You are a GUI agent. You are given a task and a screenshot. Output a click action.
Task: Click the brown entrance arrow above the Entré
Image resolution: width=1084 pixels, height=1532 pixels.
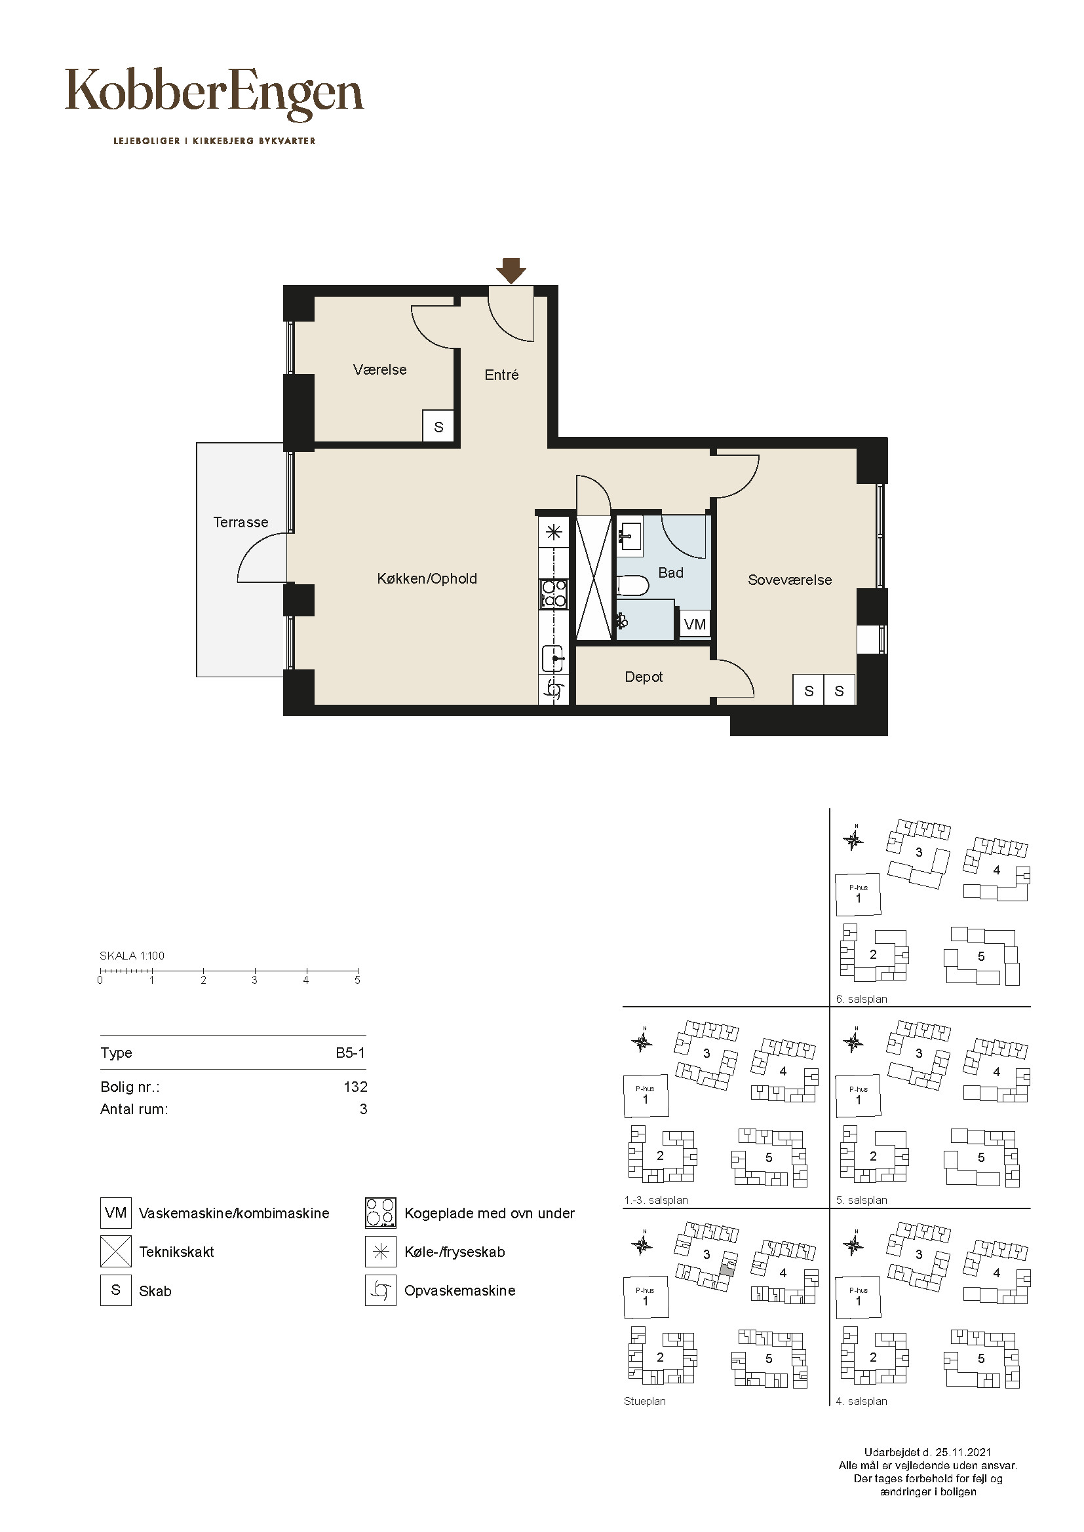511,271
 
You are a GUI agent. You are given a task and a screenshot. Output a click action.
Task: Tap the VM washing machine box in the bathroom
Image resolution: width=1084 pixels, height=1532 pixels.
695,625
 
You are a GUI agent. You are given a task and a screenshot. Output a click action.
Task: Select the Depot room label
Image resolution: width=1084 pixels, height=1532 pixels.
644,677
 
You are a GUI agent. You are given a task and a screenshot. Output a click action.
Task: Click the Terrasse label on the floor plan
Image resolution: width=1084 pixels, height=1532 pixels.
241,522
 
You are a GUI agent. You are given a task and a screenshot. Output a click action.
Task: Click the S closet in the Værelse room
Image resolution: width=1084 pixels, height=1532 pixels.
438,426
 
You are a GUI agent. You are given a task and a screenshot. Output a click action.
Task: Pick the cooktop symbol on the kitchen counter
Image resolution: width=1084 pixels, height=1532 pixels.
553,594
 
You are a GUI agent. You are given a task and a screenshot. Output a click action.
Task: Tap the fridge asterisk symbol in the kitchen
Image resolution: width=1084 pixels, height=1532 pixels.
553,532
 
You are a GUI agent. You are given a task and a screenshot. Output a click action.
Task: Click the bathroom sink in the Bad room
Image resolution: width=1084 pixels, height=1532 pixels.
629,535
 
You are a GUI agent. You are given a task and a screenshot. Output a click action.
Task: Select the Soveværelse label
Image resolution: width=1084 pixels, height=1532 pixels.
790,580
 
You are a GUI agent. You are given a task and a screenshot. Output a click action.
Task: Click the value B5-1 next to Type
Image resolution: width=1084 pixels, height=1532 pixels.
351,1053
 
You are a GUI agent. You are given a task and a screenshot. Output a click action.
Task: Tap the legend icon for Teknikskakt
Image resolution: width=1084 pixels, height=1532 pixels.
115,1252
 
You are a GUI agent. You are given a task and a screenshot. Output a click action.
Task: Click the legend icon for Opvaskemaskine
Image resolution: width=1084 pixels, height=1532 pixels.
381,1290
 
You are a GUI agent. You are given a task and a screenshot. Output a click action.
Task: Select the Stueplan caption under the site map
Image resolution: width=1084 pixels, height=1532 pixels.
645,1401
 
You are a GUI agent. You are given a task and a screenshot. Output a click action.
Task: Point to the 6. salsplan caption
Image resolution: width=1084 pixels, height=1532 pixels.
862,1000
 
